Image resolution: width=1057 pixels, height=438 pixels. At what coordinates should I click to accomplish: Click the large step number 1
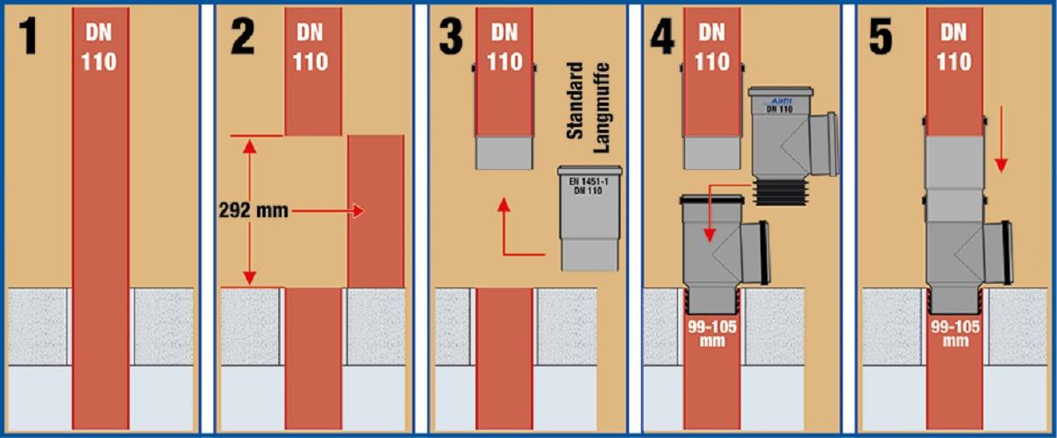tap(27, 36)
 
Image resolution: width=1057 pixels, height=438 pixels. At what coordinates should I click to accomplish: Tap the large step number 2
tap(243, 36)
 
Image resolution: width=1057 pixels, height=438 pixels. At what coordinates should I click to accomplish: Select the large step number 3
tap(451, 36)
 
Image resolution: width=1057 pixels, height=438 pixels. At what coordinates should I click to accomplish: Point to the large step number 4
tap(662, 36)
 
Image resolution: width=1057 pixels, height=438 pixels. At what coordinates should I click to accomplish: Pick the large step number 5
tap(881, 36)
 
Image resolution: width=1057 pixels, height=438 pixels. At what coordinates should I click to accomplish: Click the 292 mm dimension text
tap(254, 210)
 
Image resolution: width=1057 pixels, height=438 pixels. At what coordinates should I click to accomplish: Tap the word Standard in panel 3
tap(575, 101)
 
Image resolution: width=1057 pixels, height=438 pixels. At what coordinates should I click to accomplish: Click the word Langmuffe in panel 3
tap(602, 108)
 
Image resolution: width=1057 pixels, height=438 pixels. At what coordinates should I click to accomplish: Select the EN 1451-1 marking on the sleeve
tap(589, 181)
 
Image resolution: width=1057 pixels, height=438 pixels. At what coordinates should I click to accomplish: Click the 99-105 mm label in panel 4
tap(712, 334)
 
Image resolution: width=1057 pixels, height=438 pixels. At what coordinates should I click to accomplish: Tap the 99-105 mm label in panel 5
tap(955, 334)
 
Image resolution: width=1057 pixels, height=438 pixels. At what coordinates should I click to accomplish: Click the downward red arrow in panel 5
tap(1001, 139)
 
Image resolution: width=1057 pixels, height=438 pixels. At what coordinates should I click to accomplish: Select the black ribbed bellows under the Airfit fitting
tap(781, 193)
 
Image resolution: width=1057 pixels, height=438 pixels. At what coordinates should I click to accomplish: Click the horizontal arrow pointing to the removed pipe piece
tap(328, 211)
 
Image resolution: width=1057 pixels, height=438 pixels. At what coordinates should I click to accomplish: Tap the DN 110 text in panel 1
tap(98, 47)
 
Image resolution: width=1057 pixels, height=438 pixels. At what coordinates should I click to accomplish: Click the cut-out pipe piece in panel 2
tap(376, 211)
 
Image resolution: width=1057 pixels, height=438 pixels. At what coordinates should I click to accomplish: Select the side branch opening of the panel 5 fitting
tap(997, 252)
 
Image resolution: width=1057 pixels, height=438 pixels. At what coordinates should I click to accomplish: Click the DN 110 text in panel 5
tap(953, 47)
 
